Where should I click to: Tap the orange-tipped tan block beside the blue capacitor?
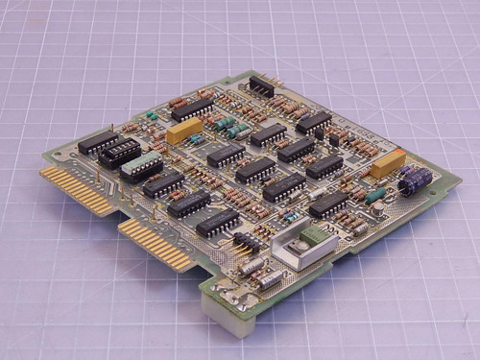click(x=387, y=164)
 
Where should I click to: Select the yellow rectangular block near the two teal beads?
click(x=184, y=131)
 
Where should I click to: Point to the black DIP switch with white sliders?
click(x=119, y=152)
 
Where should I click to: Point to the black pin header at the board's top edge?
click(x=261, y=87)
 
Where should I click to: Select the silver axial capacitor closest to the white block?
click(x=272, y=278)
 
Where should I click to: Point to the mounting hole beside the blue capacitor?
click(x=443, y=187)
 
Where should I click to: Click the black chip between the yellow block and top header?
click(x=193, y=108)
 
